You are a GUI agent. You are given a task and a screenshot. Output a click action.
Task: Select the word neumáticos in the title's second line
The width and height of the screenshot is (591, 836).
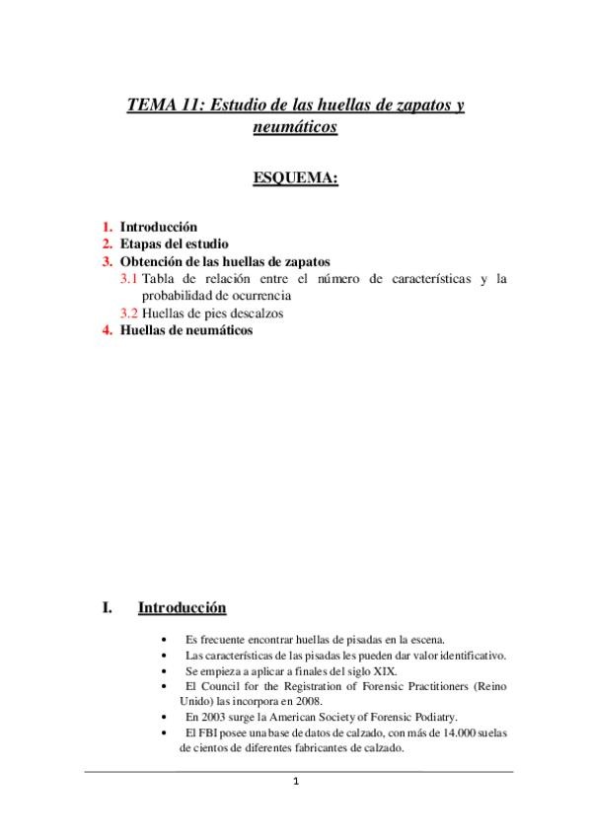[295, 127]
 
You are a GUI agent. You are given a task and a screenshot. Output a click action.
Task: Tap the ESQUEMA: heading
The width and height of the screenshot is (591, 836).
[296, 178]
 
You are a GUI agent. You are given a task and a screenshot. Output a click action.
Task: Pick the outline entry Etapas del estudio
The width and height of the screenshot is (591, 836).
[174, 244]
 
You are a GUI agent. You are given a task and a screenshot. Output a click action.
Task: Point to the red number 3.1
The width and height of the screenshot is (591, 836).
[128, 279]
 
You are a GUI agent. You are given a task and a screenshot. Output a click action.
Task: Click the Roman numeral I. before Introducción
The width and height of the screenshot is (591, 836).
[109, 607]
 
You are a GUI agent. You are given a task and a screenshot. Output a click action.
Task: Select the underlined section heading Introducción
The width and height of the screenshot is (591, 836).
[183, 607]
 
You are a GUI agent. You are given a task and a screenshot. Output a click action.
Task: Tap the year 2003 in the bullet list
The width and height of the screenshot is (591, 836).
[214, 717]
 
